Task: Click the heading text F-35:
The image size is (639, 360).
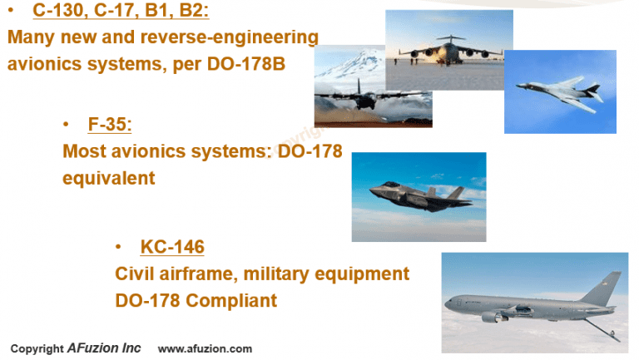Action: pos(110,126)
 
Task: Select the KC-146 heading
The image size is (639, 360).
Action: pos(172,247)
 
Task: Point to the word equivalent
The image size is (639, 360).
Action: pos(109,178)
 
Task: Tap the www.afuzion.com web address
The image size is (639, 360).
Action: pos(205,349)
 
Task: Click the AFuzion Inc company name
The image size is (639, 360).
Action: pos(104,348)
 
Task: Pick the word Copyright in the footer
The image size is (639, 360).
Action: pos(37,349)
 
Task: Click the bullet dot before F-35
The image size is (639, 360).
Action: pos(66,126)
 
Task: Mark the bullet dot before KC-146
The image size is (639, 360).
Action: pos(121,247)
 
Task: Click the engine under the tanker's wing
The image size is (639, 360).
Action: pos(493,316)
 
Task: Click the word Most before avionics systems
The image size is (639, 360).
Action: pos(85,152)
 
